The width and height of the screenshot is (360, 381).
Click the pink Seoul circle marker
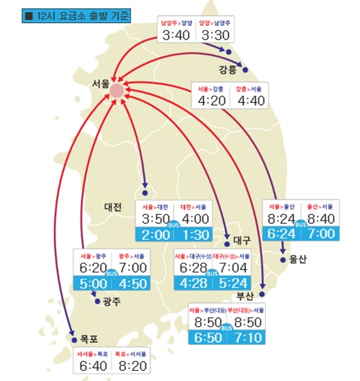[115, 89]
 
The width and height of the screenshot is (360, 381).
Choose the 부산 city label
[246, 296]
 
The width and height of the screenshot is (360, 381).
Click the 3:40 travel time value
[176, 35]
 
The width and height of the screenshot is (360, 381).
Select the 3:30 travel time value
[215, 35]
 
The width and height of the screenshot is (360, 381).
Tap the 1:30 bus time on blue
[197, 236]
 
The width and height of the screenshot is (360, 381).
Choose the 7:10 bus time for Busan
[247, 337]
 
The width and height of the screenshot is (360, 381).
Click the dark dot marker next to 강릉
[246, 71]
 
